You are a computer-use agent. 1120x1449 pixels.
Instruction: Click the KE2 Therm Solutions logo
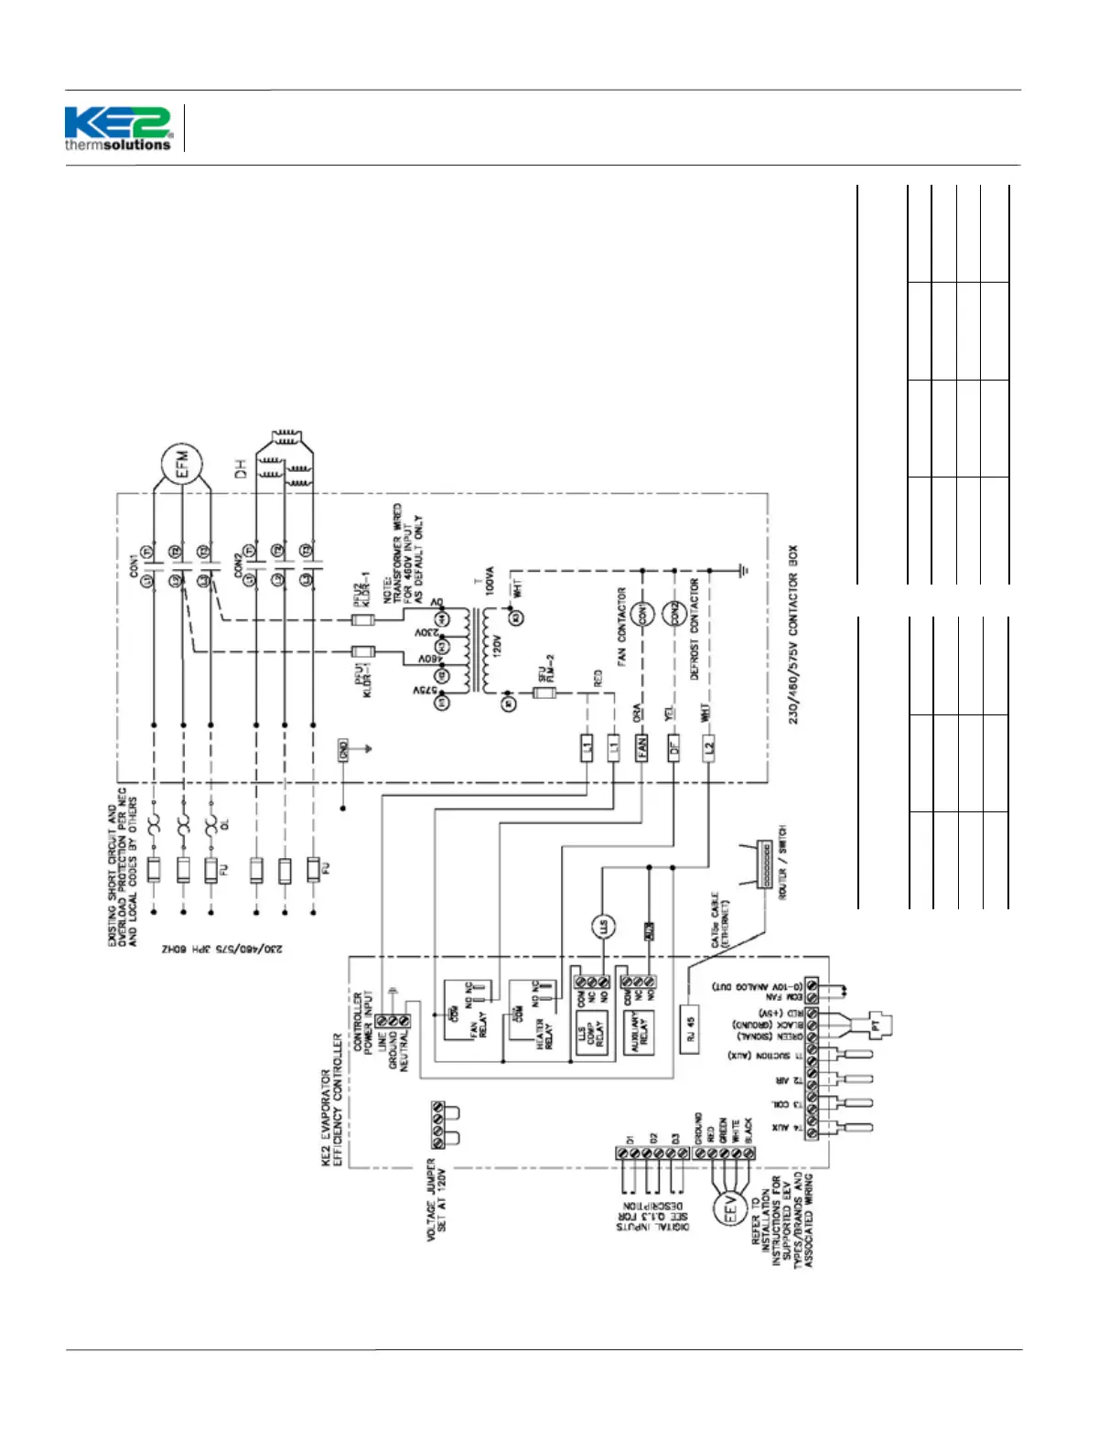point(118,128)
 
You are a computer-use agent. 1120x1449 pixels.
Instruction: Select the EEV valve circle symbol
point(731,1212)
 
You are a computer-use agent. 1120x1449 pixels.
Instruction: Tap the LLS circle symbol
point(602,926)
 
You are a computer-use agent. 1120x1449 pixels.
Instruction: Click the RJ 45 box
point(691,1029)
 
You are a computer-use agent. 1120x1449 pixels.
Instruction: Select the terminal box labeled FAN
point(642,747)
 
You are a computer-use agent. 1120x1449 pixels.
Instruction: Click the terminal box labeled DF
point(674,747)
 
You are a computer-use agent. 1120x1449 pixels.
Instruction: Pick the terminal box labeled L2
point(708,747)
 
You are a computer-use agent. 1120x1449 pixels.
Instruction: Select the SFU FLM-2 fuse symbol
point(544,693)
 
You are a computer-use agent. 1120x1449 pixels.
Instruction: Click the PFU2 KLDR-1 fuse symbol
point(363,619)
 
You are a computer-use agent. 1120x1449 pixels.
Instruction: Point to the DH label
point(241,470)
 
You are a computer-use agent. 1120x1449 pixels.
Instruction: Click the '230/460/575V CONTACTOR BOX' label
point(792,635)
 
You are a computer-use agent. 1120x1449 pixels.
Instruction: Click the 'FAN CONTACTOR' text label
point(622,626)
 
